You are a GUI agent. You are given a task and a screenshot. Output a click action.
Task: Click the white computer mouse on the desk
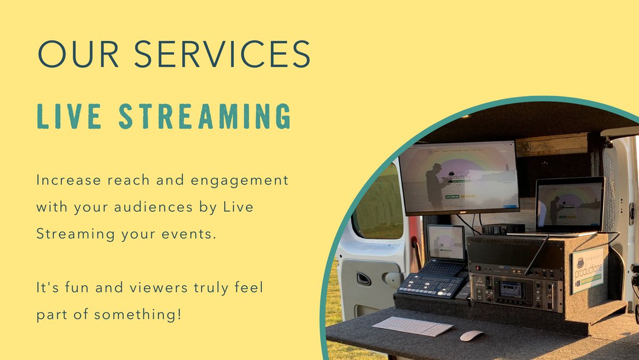point(471,336)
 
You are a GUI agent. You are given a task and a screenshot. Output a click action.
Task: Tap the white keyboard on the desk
point(413,326)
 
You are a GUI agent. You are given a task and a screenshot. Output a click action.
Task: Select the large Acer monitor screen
point(458,177)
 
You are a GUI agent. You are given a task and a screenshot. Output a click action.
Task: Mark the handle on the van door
point(364,279)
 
